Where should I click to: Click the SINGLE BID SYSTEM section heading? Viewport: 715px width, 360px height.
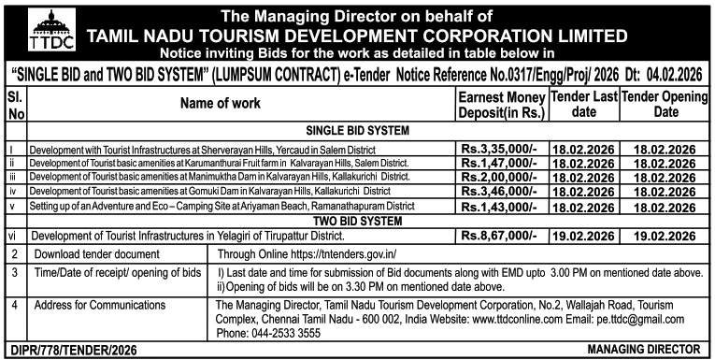click(358, 131)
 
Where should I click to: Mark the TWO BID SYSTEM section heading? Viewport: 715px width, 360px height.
click(358, 219)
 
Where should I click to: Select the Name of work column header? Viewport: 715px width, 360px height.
click(237, 107)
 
